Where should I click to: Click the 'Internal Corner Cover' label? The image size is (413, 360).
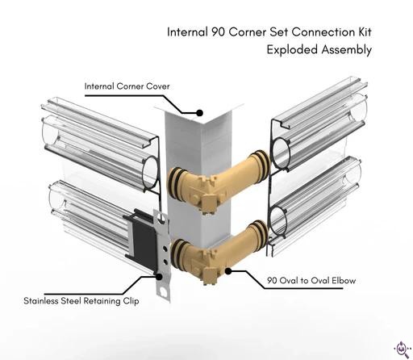[x=127, y=86]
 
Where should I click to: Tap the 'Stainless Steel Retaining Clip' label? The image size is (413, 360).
[x=81, y=300]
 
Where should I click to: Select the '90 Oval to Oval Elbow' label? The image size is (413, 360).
[x=311, y=281]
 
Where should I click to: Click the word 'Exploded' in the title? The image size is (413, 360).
[x=292, y=50]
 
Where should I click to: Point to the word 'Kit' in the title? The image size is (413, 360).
[x=365, y=32]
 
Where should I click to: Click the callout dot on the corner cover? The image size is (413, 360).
[x=199, y=113]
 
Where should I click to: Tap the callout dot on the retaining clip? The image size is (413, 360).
[x=159, y=277]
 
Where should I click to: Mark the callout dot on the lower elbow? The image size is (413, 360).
[x=228, y=271]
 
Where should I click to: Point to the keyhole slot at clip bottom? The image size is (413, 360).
[x=163, y=292]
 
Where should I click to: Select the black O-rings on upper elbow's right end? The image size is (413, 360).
[x=261, y=165]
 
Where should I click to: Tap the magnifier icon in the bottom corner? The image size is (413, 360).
[x=402, y=349]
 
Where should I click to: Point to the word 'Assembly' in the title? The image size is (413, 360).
[x=347, y=50]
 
